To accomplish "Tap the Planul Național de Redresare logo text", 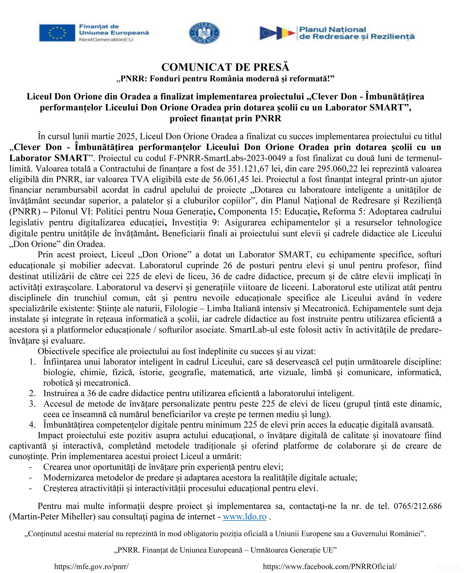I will click(357, 33).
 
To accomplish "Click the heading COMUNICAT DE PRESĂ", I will click(225, 67).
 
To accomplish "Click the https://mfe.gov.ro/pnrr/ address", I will click(91, 566).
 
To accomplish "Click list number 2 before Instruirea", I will click(32, 393).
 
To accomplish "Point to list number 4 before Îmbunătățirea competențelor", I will click(32, 425).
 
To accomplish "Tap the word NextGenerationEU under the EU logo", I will click(106, 40).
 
